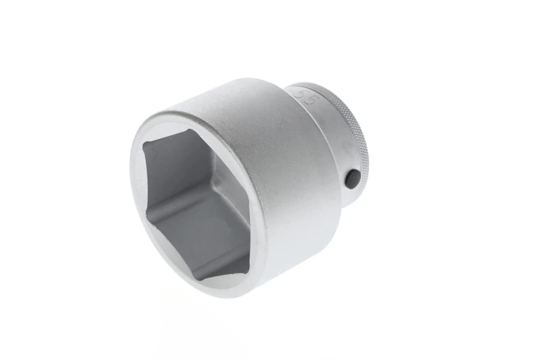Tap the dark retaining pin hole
(x=352, y=178)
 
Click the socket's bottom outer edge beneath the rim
(x=270, y=287)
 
